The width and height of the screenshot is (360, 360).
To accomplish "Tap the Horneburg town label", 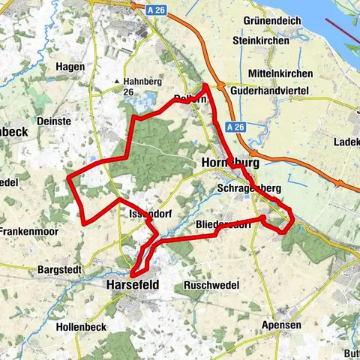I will pos(230,162).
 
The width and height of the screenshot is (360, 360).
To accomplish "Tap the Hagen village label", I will pos(70,67).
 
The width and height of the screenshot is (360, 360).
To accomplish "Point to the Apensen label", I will pos(281,325).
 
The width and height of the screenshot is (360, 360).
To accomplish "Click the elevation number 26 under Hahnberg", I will pos(130,92).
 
